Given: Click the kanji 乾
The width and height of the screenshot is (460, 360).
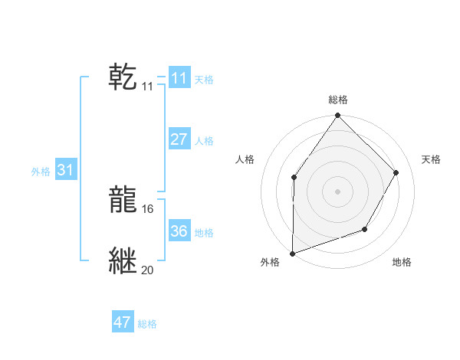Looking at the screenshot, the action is point(123,77).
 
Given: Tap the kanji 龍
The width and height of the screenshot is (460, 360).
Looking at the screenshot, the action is point(123,200).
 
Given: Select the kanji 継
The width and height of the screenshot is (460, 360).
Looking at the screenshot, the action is point(123,261).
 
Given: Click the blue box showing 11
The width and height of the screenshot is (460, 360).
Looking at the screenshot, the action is point(179,78).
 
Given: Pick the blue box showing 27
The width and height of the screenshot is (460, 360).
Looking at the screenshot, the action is point(179,139).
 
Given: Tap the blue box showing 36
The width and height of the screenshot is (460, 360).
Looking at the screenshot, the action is point(179,231).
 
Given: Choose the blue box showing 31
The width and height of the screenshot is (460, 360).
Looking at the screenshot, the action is point(65,170).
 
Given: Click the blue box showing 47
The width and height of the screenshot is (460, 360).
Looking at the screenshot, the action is point(122,322).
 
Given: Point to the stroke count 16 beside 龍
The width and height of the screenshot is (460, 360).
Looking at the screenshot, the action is point(147,208).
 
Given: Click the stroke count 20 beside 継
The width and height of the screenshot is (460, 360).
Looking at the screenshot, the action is point(147,270).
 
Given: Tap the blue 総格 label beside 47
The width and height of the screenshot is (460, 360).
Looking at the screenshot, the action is point(147,324).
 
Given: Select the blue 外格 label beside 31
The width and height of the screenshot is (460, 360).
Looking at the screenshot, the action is point(41,172).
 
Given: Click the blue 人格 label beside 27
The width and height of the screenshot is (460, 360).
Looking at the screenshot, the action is point(204,141).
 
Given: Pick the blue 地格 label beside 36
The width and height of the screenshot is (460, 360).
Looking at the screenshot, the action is point(204,233).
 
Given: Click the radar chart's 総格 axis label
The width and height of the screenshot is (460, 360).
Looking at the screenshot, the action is point(337,100).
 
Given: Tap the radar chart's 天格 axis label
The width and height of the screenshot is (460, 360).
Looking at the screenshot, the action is point(431,159).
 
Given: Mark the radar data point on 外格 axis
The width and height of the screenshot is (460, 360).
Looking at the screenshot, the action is point(292,253).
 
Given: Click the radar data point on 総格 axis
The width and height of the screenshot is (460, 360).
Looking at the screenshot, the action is point(337,116).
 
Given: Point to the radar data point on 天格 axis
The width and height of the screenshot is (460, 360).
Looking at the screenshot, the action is point(396,172).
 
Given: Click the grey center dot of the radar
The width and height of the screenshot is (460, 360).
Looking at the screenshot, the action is point(337,191).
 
